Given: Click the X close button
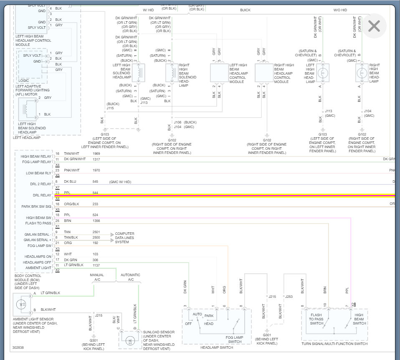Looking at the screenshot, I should click(x=374, y=26).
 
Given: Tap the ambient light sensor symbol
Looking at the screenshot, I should click(x=22, y=305).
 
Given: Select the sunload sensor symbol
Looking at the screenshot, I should click(x=129, y=341).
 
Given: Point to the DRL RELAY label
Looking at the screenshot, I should click(x=42, y=195).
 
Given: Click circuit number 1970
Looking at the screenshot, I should click(x=96, y=170).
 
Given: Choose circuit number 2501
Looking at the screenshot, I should click(x=96, y=232).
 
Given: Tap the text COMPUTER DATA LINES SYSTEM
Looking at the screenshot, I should click(x=125, y=238).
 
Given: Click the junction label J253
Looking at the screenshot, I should click(x=289, y=296).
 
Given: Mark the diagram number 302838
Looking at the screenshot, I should click(x=18, y=347).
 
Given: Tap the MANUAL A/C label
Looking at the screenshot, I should click(x=97, y=277).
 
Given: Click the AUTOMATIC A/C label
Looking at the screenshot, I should click(x=130, y=277).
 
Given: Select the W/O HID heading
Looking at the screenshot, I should click(x=340, y=10).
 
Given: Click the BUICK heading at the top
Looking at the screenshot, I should click(x=246, y=10).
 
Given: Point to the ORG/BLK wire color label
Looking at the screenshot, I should click(x=71, y=204).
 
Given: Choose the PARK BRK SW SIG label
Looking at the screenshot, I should click(x=36, y=206).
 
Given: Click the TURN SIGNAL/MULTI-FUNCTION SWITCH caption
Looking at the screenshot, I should click(x=334, y=344).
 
